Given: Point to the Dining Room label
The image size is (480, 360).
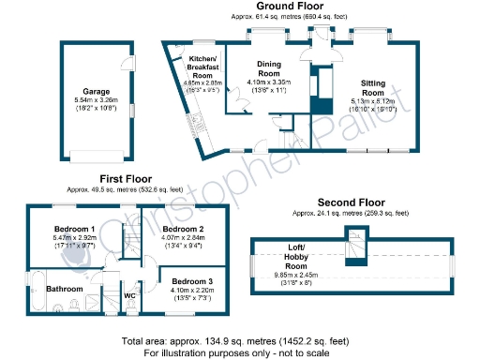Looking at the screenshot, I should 269,67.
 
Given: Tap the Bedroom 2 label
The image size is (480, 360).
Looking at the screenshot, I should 183,229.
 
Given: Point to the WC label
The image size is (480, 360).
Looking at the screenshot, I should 130,297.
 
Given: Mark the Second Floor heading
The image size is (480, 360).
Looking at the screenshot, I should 351,202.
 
